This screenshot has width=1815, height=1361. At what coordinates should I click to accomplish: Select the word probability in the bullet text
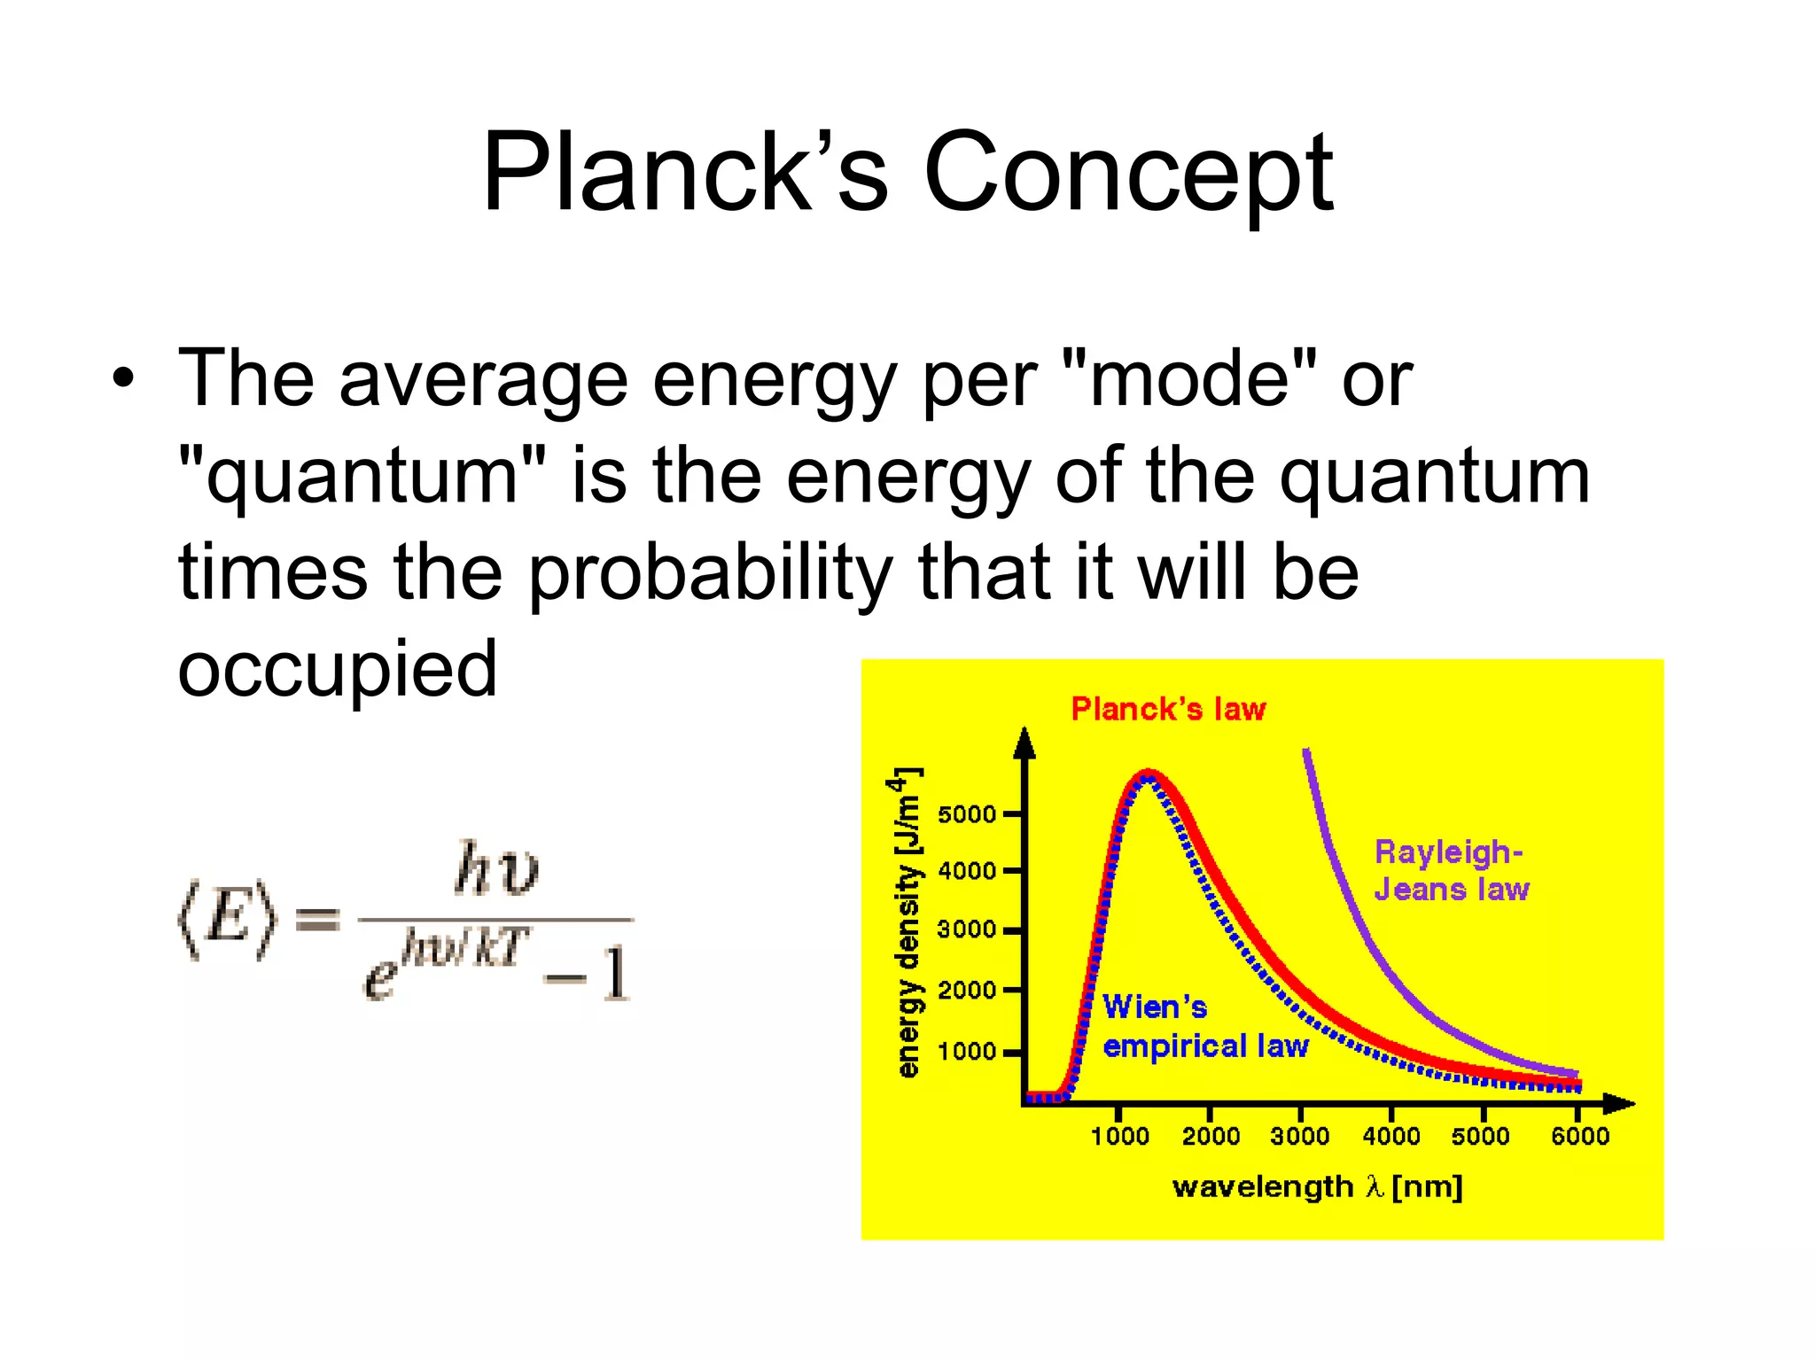709,574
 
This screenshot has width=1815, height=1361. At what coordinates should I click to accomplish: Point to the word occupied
337,669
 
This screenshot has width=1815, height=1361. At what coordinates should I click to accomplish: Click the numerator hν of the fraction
496,868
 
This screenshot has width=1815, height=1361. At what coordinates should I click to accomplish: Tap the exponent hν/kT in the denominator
464,947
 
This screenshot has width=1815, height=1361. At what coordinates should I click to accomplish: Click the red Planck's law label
1168,710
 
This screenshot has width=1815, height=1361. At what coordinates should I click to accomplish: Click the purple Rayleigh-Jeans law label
1451,871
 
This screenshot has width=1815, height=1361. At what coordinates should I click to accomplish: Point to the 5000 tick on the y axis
968,814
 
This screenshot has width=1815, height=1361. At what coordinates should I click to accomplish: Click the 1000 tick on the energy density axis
968,1052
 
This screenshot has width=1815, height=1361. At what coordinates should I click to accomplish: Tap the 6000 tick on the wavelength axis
1579,1136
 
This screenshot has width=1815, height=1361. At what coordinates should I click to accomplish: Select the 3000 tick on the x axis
1299,1136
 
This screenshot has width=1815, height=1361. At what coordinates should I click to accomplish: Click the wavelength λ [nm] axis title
1317,1187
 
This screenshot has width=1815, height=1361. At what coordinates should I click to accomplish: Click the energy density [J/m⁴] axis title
908,922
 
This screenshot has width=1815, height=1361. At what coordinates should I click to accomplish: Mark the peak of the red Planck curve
1148,774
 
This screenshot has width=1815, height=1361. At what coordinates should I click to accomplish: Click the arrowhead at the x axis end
1620,1104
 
